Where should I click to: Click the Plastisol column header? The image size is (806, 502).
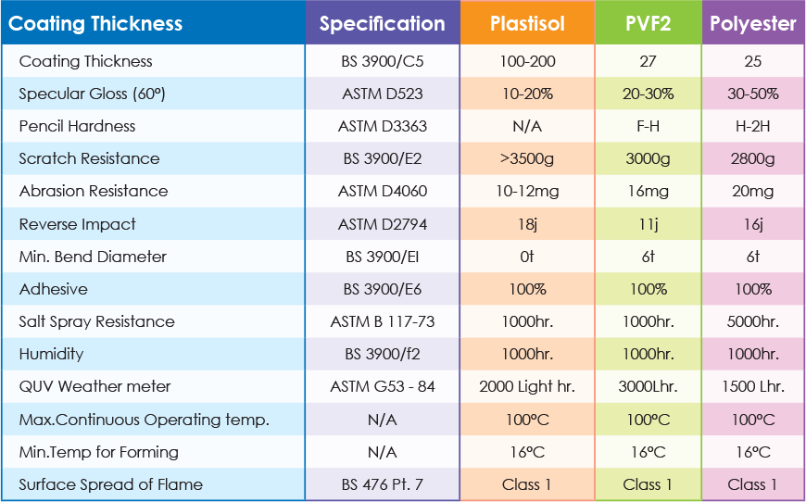point(526,23)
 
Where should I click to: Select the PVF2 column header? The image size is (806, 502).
point(648,23)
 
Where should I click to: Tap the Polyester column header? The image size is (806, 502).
point(752,23)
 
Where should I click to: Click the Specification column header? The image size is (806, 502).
point(382,23)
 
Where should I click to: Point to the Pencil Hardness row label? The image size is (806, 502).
point(77,126)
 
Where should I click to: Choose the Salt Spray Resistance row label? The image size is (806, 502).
point(96,321)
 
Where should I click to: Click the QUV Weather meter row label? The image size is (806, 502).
point(94,386)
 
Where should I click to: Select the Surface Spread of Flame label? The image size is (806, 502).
point(110,484)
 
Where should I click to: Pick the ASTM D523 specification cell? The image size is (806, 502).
point(382,94)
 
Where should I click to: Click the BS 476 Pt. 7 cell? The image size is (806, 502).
point(382,484)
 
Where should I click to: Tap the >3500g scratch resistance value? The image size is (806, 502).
point(526,158)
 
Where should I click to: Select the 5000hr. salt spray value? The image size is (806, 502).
point(752,321)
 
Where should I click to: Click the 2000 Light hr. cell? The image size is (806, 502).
point(526,386)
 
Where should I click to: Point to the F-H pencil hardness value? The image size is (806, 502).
point(648,126)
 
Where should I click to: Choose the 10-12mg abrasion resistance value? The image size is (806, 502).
point(526,191)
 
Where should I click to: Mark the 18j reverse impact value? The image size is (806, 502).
point(526,224)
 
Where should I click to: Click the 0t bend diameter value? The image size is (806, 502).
point(526,257)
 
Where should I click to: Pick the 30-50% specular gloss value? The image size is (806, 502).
point(752,94)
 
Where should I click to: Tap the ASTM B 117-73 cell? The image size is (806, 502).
point(382,321)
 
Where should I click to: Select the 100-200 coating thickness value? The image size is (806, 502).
point(526,61)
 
